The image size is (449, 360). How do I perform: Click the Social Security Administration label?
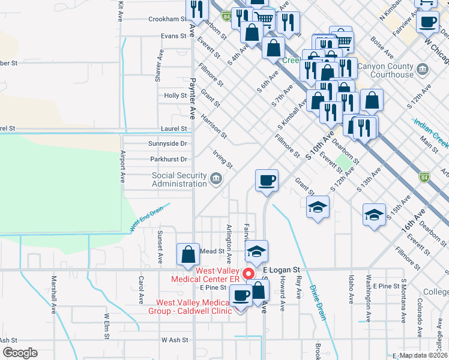pyautogui.click(x=179, y=179)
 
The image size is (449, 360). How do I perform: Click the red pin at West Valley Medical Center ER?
pyautogui.click(x=249, y=274)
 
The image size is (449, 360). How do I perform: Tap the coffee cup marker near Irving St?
pyautogui.click(x=267, y=180)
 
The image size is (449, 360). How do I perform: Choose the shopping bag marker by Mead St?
pyautogui.click(x=188, y=254)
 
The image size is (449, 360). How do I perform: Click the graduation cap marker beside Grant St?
pyautogui.click(x=318, y=208)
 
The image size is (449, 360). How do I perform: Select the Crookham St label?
pyautogui.click(x=167, y=19)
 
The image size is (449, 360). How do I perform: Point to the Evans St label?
pyautogui.click(x=174, y=36)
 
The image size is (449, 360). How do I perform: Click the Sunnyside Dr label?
pyautogui.click(x=167, y=144)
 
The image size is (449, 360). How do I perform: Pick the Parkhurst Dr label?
pyautogui.click(x=167, y=160)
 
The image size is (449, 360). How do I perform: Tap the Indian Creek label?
pyautogui.click(x=432, y=134)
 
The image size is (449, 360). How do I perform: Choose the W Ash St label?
pyautogui.click(x=175, y=340)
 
